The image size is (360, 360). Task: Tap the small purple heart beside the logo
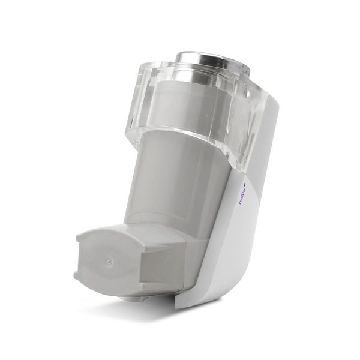coord(244,178)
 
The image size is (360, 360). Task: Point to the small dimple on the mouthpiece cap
coord(109,263)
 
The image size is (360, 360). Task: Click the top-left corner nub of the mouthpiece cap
coord(79,238)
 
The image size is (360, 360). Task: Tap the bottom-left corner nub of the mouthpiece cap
coord(77,277)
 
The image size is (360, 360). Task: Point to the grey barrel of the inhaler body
coord(174,186)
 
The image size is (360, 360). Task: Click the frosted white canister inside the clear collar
coord(180,108)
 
